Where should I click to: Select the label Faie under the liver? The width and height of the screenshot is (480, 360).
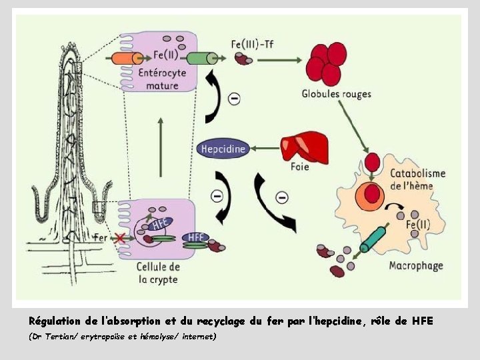299,167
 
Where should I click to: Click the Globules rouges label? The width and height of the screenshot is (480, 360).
336,94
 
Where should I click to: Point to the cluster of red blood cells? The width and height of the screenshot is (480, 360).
327,63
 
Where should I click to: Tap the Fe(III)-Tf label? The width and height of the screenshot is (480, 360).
251,44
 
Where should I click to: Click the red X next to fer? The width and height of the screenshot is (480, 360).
120,238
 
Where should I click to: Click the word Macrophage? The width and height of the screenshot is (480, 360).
416,266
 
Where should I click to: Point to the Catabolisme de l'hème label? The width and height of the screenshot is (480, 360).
417,179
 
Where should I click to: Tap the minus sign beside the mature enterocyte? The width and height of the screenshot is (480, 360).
234,99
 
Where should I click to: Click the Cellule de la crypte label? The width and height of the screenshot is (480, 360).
159,273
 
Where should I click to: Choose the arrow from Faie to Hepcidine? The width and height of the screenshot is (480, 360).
264,148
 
